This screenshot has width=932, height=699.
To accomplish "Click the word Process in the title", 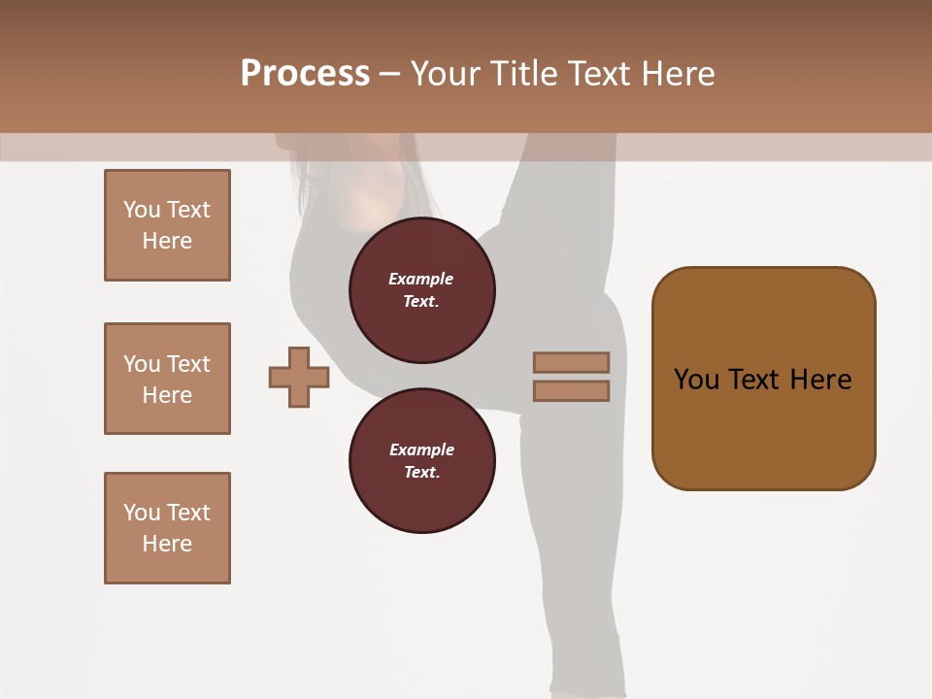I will coord(305,74).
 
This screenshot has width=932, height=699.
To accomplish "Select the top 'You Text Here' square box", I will coord(167,225).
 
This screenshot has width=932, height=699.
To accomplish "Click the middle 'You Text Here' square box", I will coord(167,379).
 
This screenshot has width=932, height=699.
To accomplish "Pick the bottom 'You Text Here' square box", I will coord(167,528).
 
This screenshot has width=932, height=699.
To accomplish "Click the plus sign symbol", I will coord(299,377).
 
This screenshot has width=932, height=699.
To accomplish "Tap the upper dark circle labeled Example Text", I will coord(421,289).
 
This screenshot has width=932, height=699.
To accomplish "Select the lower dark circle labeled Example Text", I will coord(421,460).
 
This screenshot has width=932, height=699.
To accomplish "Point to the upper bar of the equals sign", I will coord(571,362).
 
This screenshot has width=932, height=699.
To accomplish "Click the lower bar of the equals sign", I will coord(571,390).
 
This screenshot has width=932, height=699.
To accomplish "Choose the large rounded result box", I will coord(763,379).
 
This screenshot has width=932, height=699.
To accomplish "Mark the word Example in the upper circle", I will coord(420,279).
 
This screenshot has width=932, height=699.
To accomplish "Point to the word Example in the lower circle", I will coord(421,449).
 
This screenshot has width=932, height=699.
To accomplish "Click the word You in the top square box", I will coord(142,210).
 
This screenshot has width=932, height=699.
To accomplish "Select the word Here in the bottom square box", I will coord(167,544).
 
